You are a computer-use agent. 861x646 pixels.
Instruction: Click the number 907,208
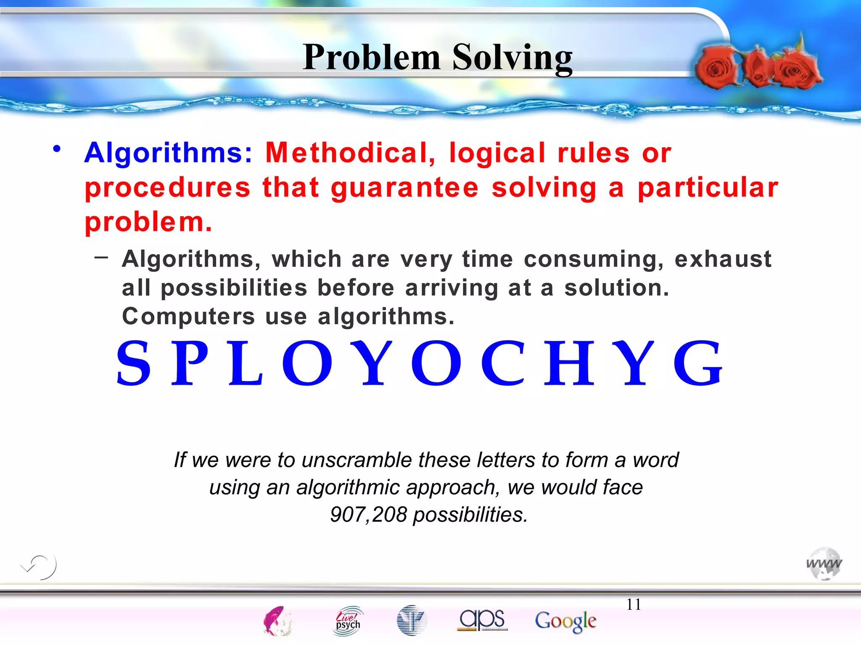click(369, 514)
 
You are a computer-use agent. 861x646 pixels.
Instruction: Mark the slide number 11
click(634, 604)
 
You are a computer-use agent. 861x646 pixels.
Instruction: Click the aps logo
click(482, 620)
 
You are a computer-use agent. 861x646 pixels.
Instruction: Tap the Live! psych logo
click(348, 620)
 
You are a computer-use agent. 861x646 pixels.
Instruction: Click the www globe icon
click(824, 564)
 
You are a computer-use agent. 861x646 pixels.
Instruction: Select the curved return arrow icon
click(39, 567)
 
